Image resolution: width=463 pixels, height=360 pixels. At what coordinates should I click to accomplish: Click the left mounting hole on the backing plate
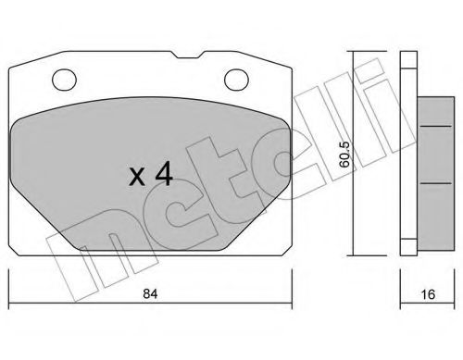[x=64, y=80]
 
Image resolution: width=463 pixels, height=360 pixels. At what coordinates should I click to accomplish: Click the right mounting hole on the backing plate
[x=236, y=80]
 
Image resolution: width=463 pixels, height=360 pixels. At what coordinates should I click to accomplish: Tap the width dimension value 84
[x=150, y=293]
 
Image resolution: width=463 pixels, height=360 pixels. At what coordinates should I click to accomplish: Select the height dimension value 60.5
[x=344, y=155]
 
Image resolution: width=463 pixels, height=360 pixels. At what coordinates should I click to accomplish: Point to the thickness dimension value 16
[x=428, y=294]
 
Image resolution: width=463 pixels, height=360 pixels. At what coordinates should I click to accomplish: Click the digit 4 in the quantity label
[x=164, y=174]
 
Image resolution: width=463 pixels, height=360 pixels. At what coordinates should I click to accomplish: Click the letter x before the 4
[x=137, y=178]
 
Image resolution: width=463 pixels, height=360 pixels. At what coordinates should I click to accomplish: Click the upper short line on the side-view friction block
[x=436, y=126]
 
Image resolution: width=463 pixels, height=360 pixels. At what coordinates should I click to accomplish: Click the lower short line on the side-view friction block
[x=436, y=183]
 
